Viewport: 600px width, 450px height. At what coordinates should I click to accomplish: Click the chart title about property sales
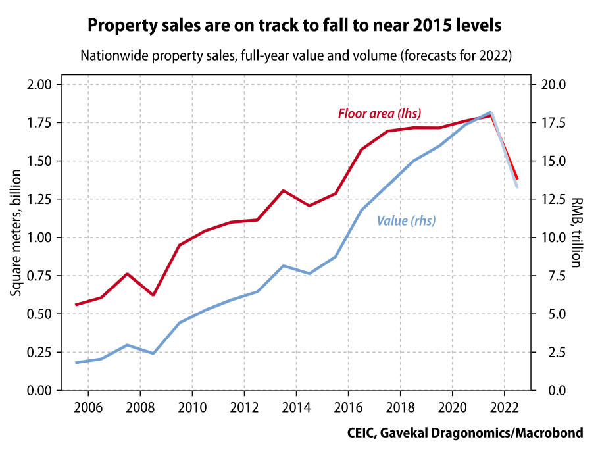tap(295, 26)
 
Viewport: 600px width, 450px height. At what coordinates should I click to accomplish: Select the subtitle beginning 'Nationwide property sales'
tap(296, 55)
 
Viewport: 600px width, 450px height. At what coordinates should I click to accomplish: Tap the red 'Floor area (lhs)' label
tap(380, 113)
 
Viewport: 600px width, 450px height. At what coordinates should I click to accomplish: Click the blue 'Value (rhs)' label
tap(406, 221)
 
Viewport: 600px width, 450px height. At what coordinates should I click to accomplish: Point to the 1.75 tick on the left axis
tap(37, 122)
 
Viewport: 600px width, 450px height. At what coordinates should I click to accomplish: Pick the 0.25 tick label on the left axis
tap(37, 352)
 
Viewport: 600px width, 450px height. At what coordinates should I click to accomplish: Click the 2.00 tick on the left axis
tap(37, 84)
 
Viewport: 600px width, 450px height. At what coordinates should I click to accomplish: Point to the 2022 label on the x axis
tap(504, 405)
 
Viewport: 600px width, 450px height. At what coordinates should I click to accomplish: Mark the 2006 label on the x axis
tap(88, 405)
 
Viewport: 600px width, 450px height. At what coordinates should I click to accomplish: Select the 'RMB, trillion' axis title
tap(576, 232)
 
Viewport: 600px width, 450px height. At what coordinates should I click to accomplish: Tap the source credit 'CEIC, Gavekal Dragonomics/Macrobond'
tap(465, 433)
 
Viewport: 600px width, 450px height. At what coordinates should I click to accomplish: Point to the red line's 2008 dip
tap(153, 295)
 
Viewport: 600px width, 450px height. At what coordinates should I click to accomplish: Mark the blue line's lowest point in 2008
tap(153, 353)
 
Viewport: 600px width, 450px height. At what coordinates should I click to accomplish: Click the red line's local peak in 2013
tap(283, 191)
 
